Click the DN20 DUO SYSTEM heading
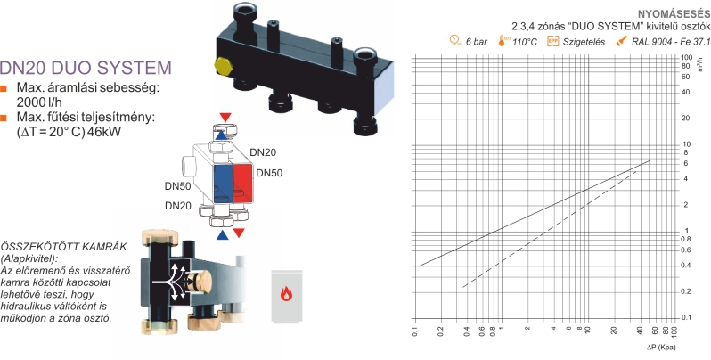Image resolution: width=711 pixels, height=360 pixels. coord(86,68)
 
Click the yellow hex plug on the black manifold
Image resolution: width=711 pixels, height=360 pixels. coord(223,66)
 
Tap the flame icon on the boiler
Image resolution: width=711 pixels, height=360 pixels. coord(286,294)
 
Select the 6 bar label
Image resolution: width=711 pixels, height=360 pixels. coord(477,42)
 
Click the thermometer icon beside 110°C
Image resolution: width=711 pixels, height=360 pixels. coord(503,41)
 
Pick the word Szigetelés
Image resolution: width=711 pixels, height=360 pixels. coord(584,42)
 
